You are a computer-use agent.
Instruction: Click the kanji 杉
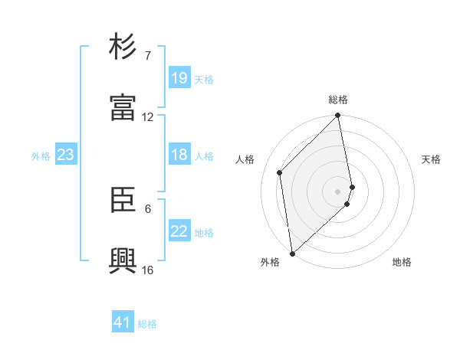pyautogui.click(x=124, y=47)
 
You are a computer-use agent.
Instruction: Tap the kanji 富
pyautogui.click(x=124, y=109)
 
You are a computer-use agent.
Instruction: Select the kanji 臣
pyautogui.click(x=124, y=200)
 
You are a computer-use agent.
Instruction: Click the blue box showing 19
pyautogui.click(x=179, y=78)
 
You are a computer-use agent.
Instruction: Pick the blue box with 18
pyautogui.click(x=179, y=155)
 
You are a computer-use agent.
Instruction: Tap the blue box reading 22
pyautogui.click(x=179, y=231)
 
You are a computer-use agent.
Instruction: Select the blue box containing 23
pyautogui.click(x=66, y=155)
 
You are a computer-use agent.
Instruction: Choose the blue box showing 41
pyautogui.click(x=123, y=322)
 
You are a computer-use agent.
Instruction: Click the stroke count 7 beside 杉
pyautogui.click(x=148, y=56)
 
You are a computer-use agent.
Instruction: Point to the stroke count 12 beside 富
pyautogui.click(x=148, y=117)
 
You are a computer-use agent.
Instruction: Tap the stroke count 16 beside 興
pyautogui.click(x=148, y=270)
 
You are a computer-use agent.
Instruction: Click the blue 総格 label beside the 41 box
pyautogui.click(x=147, y=324)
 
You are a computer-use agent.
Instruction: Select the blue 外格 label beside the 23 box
pyautogui.click(x=41, y=156)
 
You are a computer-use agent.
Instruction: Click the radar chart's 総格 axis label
pyautogui.click(x=338, y=100)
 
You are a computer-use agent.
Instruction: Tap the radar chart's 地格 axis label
pyautogui.click(x=402, y=262)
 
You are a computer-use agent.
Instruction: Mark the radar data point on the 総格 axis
pyautogui.click(x=338, y=116)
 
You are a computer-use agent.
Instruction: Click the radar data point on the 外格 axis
pyautogui.click(x=291, y=253)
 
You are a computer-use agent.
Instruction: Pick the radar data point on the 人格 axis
pyautogui.click(x=280, y=172)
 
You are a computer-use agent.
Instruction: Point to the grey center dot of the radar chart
pyautogui.click(x=338, y=191)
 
